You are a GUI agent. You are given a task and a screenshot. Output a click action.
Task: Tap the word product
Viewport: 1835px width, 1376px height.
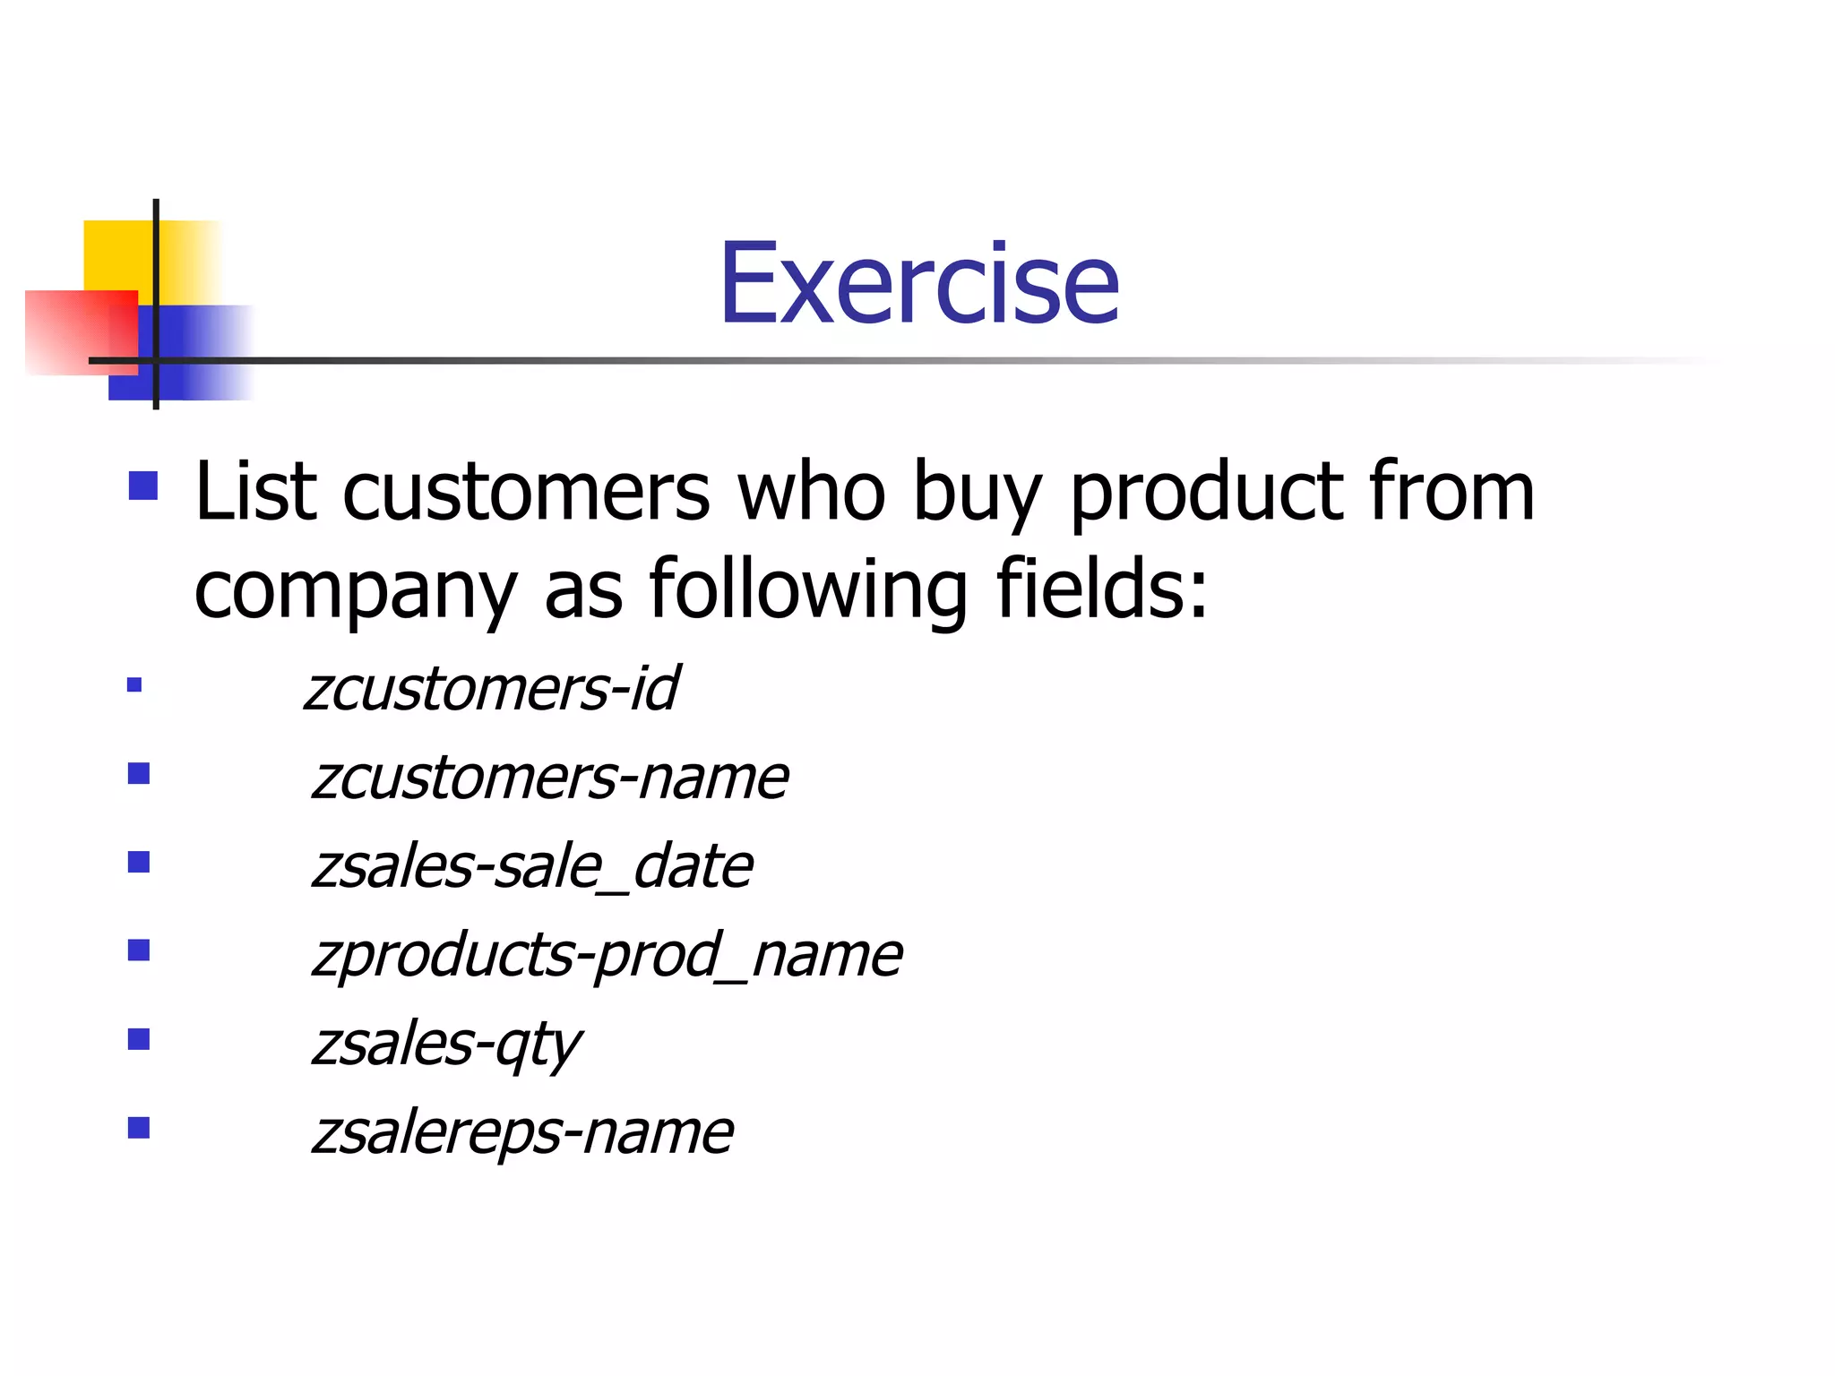click(x=1205, y=495)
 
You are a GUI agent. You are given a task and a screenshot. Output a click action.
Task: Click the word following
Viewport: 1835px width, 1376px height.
click(x=808, y=591)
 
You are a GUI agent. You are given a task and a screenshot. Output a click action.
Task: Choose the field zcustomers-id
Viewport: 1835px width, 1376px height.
click(x=491, y=689)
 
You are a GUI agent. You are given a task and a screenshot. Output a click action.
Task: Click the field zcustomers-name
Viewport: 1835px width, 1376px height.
click(x=550, y=777)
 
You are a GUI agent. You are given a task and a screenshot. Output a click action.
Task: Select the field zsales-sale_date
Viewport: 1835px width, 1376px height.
click(x=532, y=867)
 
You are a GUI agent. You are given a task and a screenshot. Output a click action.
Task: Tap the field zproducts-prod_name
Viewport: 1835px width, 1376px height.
click(x=607, y=956)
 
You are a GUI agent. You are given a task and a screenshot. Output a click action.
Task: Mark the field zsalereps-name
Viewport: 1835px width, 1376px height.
click(x=522, y=1133)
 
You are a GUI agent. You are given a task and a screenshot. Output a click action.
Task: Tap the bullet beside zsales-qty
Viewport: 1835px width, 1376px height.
click(x=139, y=1039)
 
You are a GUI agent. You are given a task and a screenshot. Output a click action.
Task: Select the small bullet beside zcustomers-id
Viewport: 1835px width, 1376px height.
click(x=134, y=686)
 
